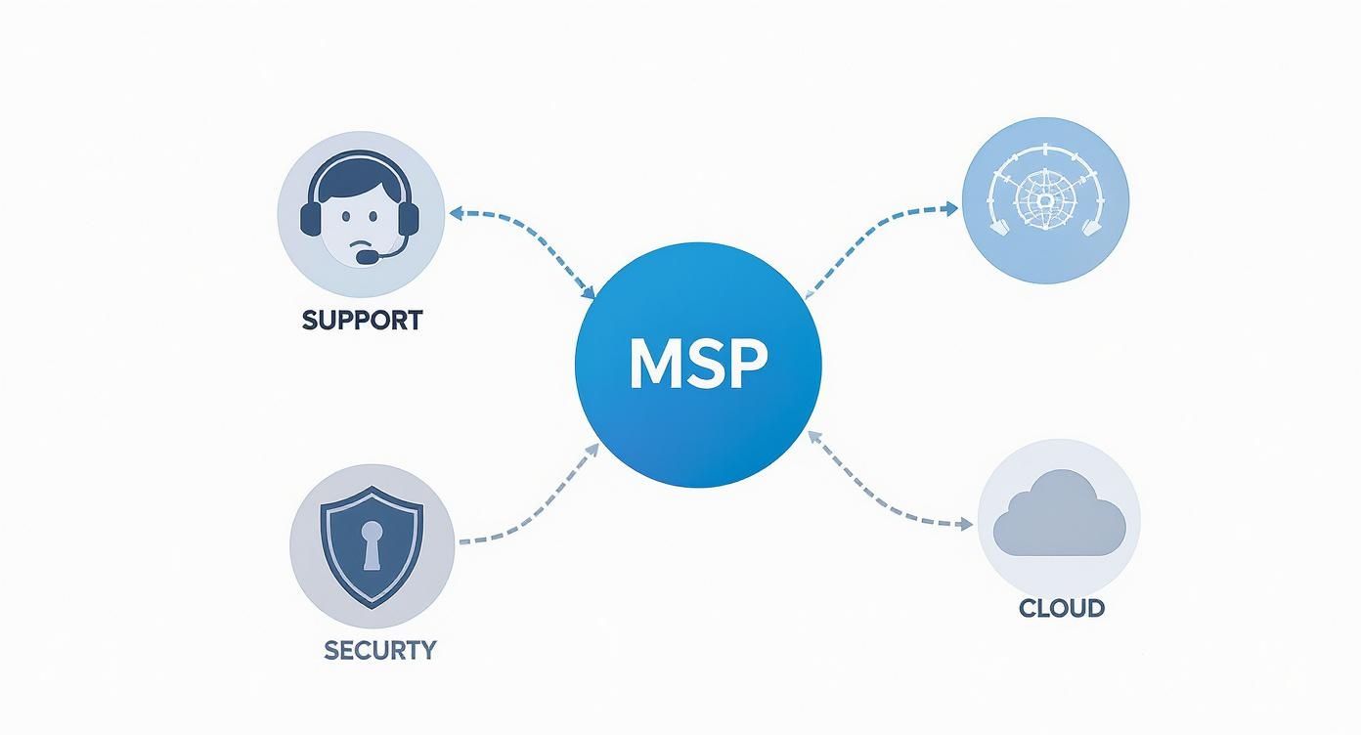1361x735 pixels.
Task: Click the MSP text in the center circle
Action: click(x=698, y=365)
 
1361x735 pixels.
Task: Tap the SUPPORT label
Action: click(x=362, y=320)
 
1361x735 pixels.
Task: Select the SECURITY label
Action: click(x=379, y=649)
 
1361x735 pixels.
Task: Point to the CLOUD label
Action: click(x=1061, y=608)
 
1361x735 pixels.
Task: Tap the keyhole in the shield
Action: click(x=372, y=542)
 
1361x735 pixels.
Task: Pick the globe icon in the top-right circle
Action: click(x=1045, y=199)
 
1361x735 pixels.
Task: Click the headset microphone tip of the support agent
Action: click(x=364, y=258)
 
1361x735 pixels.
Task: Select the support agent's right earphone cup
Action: click(x=409, y=217)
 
